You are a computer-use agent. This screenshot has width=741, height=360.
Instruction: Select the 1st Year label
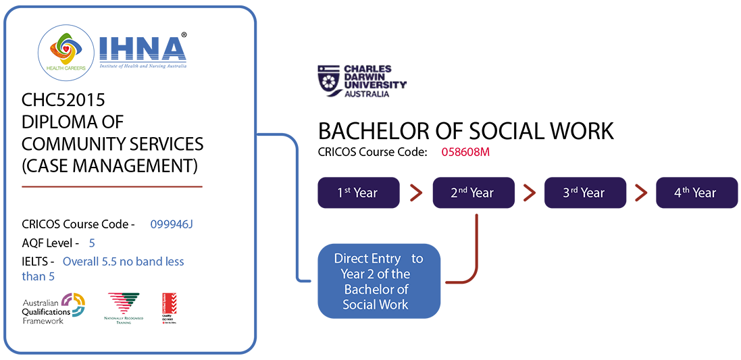click(357, 192)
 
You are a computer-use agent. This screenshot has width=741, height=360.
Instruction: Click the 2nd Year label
click(472, 192)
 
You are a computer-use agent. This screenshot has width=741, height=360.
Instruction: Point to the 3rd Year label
click(584, 192)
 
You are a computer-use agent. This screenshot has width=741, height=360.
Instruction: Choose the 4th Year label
click(694, 192)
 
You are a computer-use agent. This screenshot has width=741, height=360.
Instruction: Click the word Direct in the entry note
click(351, 259)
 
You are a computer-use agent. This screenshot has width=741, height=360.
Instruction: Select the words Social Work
click(376, 304)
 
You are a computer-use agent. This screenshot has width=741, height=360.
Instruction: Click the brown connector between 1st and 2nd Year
click(413, 192)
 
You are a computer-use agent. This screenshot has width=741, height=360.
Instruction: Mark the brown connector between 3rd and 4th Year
click(638, 192)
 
